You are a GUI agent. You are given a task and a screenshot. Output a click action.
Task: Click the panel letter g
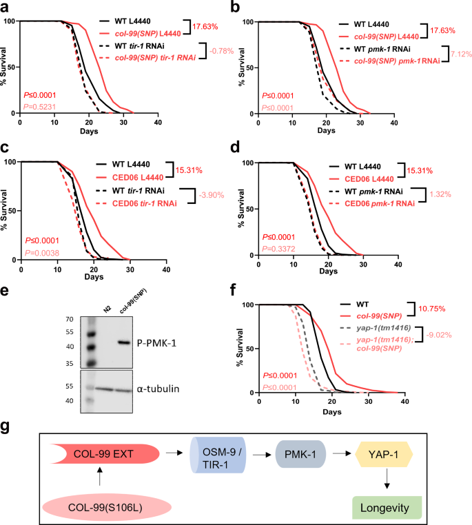6,427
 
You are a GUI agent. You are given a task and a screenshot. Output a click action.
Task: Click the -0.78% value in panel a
221,51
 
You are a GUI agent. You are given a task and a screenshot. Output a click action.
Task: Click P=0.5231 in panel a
40,107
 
